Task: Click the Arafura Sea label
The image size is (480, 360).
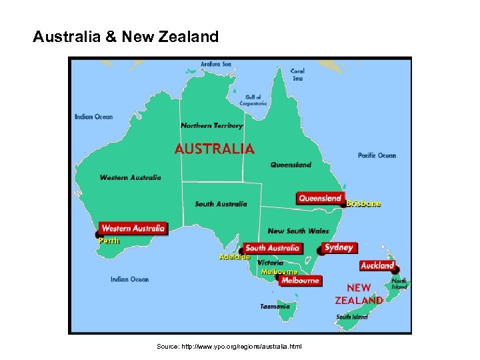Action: (217, 64)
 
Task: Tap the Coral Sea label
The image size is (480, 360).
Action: (297, 74)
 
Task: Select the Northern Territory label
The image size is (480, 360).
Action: (212, 125)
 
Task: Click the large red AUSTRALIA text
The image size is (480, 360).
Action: (214, 149)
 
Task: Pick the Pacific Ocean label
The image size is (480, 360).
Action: (377, 155)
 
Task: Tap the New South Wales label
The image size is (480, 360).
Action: (298, 231)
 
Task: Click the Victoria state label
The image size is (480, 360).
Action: (270, 263)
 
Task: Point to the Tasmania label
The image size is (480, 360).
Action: (275, 307)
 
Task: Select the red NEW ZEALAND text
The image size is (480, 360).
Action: (359, 294)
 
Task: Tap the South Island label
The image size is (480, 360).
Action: (351, 317)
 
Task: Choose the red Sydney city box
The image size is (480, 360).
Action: (338, 247)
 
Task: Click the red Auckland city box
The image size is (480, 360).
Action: (377, 265)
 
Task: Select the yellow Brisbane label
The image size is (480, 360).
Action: (364, 203)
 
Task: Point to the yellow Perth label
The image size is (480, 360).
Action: (109, 241)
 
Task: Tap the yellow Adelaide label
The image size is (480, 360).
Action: (235, 257)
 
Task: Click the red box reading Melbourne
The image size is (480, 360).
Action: (300, 281)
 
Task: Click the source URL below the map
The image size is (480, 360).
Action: (229, 347)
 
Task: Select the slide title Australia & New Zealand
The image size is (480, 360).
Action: (125, 36)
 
